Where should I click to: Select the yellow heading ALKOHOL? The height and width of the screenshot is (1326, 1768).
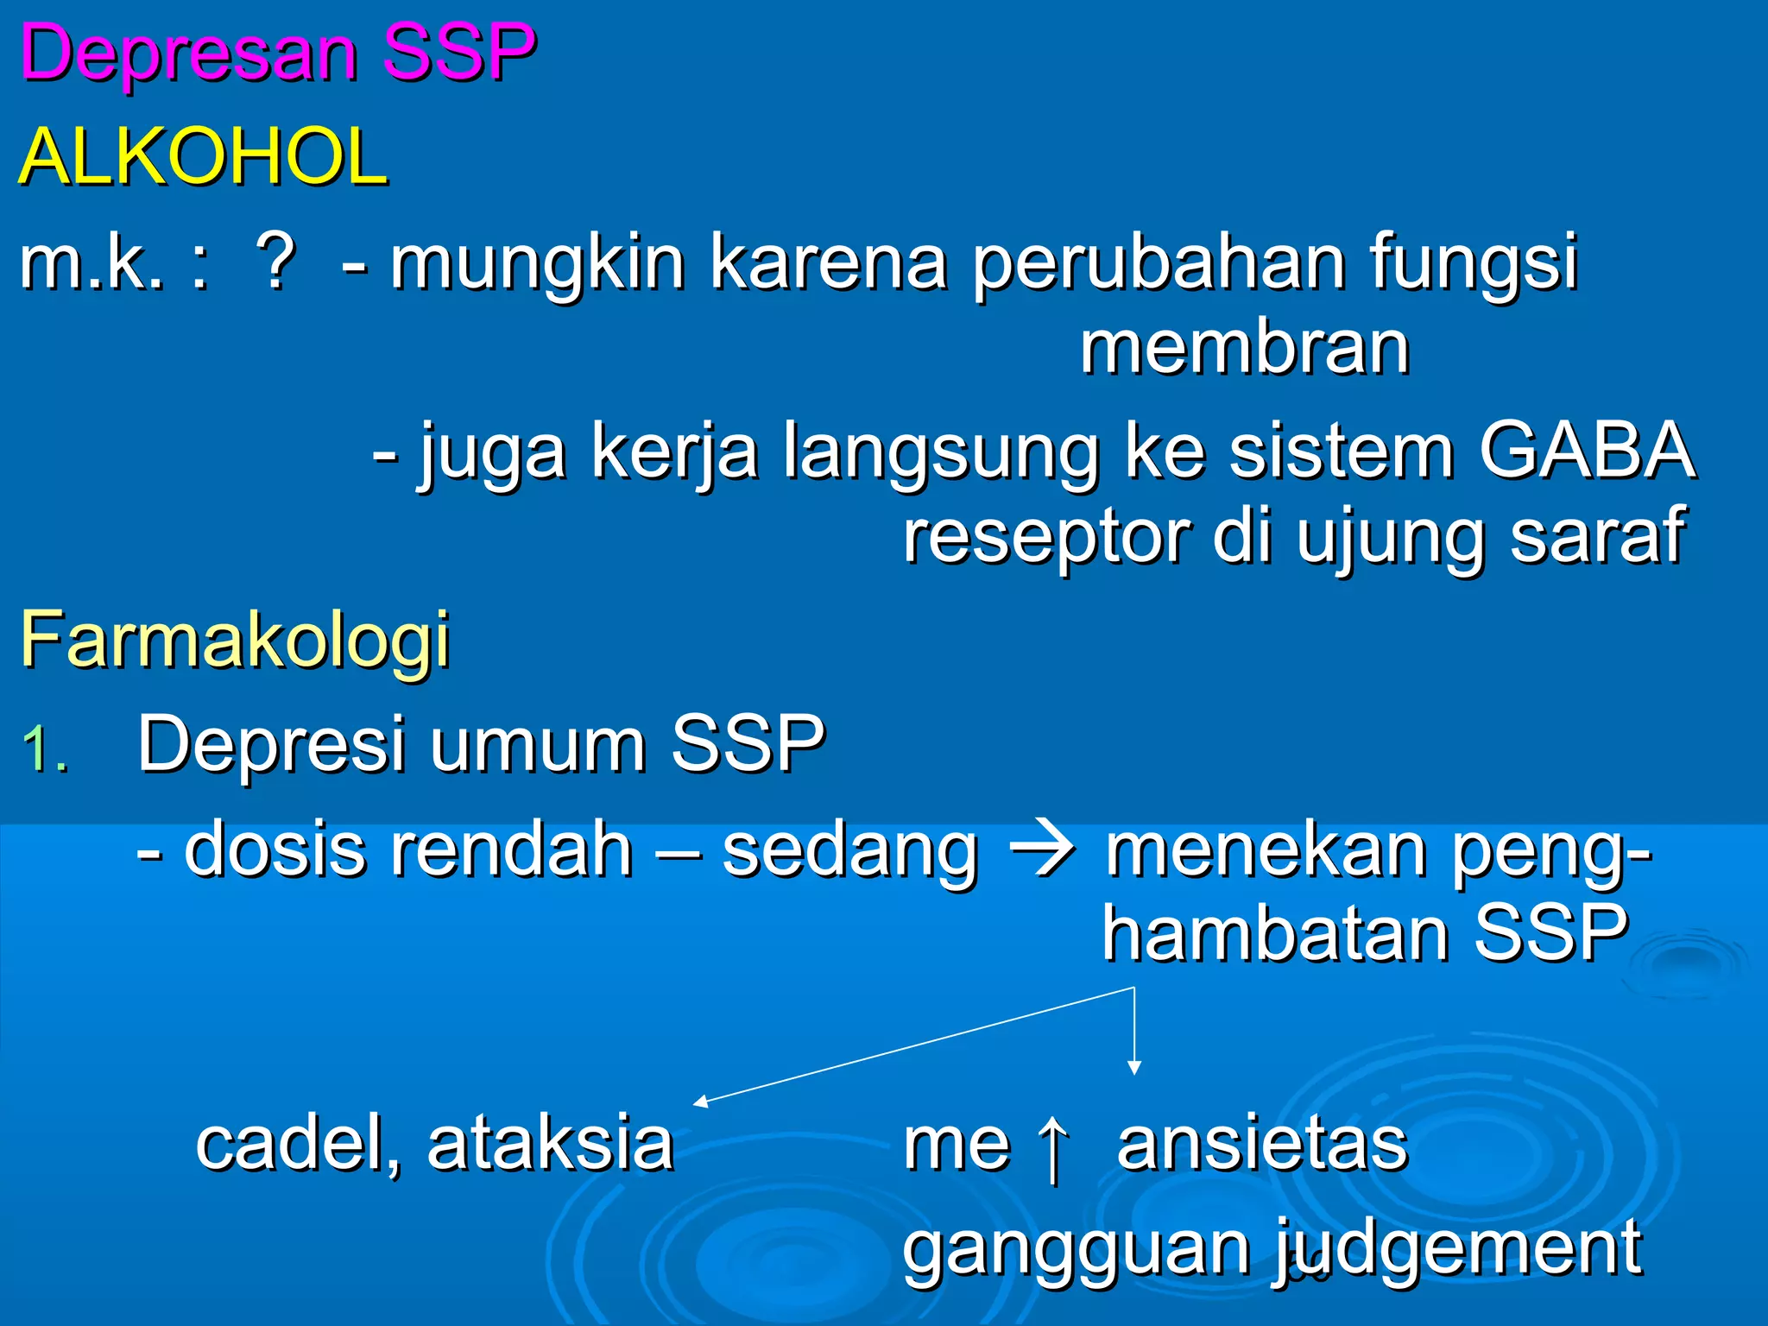[x=204, y=157]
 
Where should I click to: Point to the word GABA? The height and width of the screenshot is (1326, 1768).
[x=1587, y=450]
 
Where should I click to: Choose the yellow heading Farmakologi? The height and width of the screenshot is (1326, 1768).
[x=235, y=641]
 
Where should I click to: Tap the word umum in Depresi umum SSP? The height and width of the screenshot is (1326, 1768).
[x=538, y=745]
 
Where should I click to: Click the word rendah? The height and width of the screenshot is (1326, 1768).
[x=512, y=850]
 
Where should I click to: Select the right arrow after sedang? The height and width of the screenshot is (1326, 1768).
[x=1042, y=850]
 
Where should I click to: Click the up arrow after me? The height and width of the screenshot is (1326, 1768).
[x=1053, y=1148]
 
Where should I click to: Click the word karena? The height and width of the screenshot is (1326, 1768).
[x=829, y=262]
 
